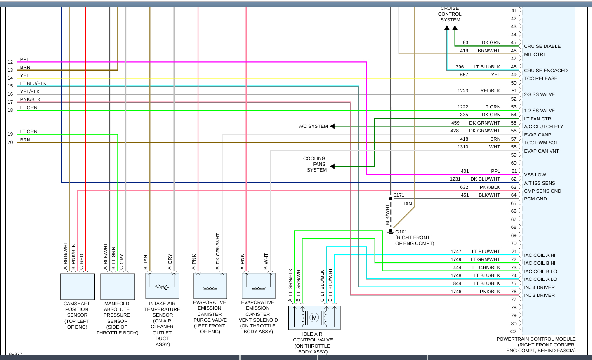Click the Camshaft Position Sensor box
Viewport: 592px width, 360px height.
[78, 287]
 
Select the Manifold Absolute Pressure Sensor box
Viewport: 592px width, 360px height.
[118, 287]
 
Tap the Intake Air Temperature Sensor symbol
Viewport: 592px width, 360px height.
[162, 286]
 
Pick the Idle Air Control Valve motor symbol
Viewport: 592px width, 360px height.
[314, 318]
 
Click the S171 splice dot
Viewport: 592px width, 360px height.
[391, 198]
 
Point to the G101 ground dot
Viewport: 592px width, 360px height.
[391, 231]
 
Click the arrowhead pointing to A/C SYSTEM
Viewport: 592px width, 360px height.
[333, 126]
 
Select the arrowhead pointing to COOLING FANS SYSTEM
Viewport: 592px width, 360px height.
[333, 167]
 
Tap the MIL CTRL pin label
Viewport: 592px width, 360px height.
[535, 54]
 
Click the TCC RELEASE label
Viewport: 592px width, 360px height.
[540, 78]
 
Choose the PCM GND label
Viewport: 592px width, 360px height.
[535, 199]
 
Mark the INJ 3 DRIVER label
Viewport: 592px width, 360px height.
[539, 295]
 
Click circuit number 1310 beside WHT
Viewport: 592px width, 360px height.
[463, 147]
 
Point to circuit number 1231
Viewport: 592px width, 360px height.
[455, 179]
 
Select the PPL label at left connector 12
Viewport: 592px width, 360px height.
[25, 59]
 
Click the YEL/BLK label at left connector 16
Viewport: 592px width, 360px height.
[30, 92]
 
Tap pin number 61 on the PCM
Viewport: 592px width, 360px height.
[514, 171]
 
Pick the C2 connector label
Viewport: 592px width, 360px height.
[513, 332]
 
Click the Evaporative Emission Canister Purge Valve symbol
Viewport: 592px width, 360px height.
[210, 286]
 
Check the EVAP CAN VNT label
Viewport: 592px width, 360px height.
[541, 151]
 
